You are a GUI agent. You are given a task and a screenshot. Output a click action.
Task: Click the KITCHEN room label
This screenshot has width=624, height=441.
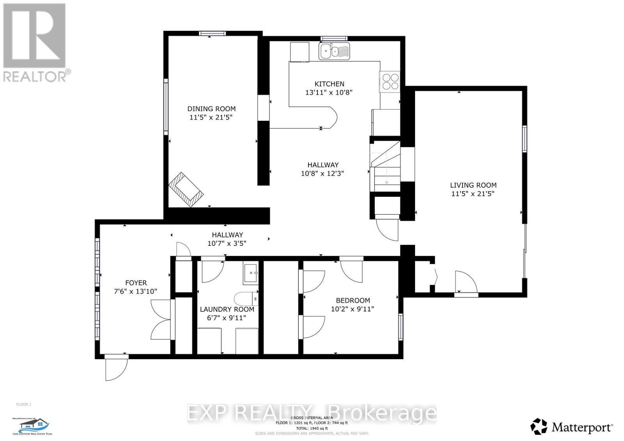[329, 84]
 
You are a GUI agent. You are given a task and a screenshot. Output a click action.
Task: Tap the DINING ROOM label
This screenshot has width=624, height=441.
[211, 109]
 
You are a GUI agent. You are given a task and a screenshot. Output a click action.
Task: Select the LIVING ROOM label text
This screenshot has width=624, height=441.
[473, 185]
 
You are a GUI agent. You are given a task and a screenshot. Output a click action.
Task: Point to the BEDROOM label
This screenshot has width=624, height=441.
[353, 300]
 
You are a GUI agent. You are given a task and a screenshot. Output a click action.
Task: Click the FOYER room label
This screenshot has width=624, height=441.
[136, 283]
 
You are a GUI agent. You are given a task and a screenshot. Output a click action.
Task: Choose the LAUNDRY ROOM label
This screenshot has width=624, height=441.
[227, 309]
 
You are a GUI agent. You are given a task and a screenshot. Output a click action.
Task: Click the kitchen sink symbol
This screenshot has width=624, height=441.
[335, 51]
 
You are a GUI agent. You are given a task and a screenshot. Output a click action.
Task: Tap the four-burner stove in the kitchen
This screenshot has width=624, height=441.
[390, 81]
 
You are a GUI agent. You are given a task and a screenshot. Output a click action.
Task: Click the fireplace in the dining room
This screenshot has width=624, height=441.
[186, 189]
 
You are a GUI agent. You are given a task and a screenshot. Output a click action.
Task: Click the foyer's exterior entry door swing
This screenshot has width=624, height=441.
[116, 368]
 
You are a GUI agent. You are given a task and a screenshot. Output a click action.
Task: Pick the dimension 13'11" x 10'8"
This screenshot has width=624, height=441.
[329, 93]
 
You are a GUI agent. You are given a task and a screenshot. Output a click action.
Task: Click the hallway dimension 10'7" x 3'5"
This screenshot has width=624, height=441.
[227, 243]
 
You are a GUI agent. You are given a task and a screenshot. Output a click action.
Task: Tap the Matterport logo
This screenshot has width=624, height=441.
[572, 427]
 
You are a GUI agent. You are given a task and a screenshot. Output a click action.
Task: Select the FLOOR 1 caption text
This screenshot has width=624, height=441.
[23, 404]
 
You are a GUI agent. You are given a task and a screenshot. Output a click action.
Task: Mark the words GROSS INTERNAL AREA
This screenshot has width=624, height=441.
[312, 418]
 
